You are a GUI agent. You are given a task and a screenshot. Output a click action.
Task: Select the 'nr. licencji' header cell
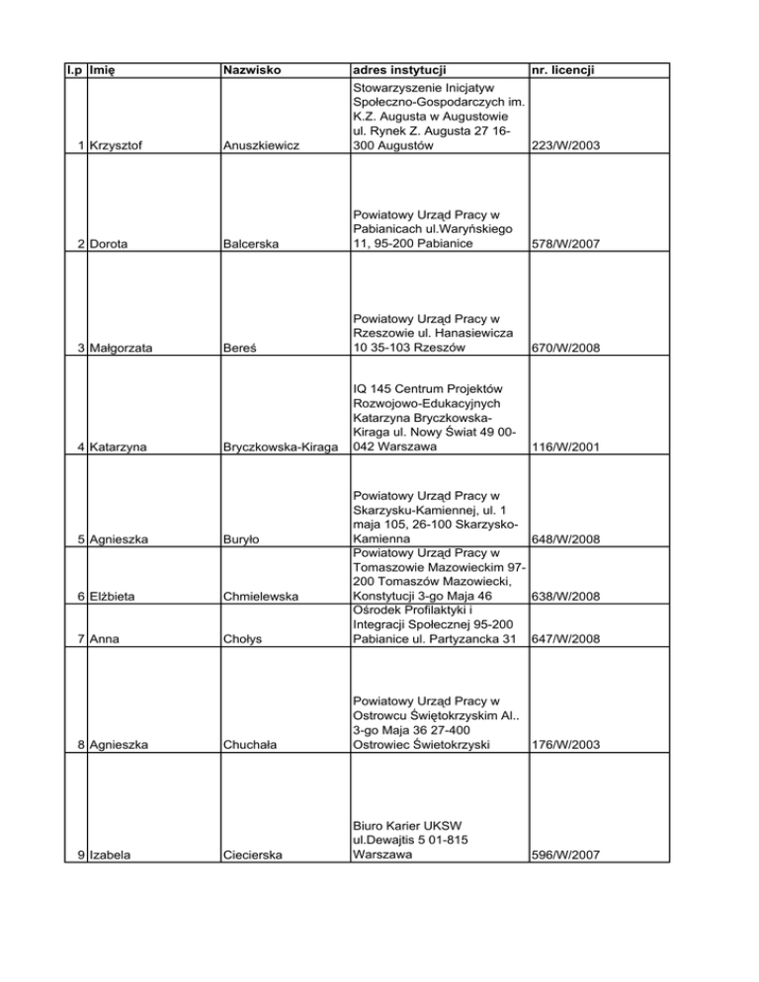tap(569, 70)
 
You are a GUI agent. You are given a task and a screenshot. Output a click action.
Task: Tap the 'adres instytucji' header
tap(398, 70)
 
